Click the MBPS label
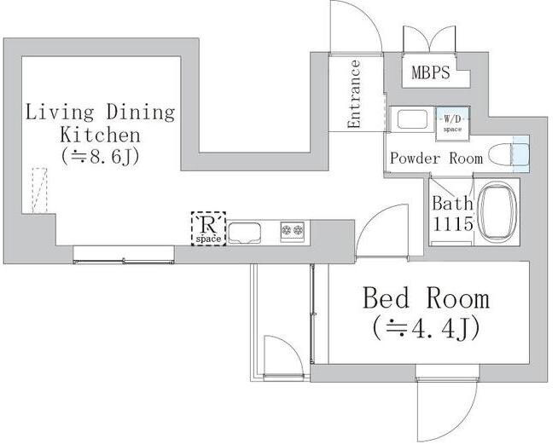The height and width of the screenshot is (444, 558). pos(431,72)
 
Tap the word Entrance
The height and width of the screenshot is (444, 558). pos(354,94)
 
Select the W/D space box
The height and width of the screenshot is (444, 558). pos(453,124)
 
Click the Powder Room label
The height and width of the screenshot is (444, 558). pos(436,159)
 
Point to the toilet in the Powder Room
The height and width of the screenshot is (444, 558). pos(509,155)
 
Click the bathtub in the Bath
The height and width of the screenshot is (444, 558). pos(497,211)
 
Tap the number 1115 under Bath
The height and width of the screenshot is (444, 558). pos(452,224)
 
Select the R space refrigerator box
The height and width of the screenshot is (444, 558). pos(208,228)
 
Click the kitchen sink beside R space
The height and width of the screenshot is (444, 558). pos(244,233)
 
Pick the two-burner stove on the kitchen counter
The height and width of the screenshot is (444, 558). pos(292,231)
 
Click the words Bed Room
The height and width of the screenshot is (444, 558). pos(426,298)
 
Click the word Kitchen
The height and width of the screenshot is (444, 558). pos(101,136)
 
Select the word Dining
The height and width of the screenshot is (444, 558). pos(141,112)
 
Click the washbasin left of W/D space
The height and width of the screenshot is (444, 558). pos(412,119)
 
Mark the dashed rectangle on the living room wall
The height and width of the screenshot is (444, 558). pos(39,191)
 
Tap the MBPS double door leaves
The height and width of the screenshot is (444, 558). pos(429,39)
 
